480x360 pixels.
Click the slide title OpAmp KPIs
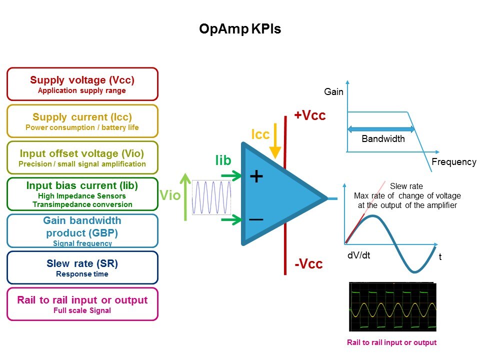[x=240, y=29]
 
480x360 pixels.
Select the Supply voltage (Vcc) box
[x=82, y=84]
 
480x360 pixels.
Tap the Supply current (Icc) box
[x=82, y=121]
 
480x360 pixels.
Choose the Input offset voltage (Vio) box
[x=82, y=157]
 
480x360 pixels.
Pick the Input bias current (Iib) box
[x=82, y=194]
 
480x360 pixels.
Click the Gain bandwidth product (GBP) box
[x=82, y=230]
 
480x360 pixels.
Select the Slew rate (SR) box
[x=82, y=267]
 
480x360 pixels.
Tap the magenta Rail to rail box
[x=82, y=303]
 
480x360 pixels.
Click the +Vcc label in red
[x=310, y=115]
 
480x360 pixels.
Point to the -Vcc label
[x=308, y=264]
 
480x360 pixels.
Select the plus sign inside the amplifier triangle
[x=256, y=176]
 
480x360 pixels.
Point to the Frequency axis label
[x=453, y=162]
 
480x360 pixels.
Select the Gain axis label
[x=334, y=92]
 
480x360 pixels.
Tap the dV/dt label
[x=359, y=255]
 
